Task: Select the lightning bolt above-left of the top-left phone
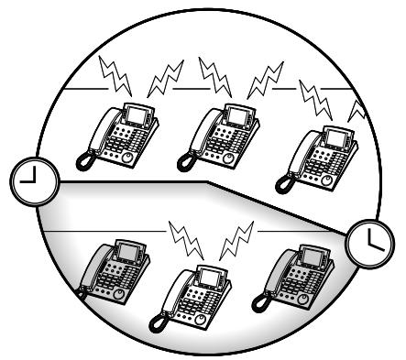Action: tap(119, 70)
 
